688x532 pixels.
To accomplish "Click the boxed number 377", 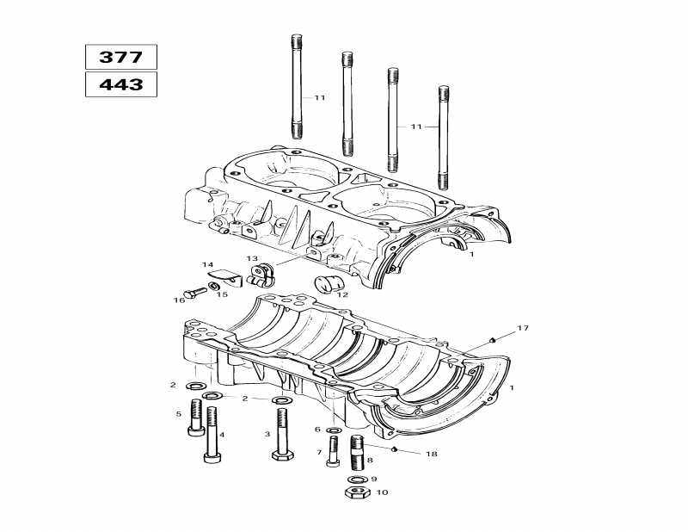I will (120, 58).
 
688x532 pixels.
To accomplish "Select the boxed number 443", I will (120, 84).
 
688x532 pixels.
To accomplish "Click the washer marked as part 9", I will (355, 479).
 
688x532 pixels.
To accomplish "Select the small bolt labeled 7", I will (333, 452).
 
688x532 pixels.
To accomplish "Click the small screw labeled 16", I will (195, 294).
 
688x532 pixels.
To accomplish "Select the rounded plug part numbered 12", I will (328, 285).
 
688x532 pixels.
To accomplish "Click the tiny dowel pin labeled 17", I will (491, 340).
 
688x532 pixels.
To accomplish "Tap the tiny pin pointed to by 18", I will (392, 448).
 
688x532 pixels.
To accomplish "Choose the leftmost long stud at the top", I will (298, 86).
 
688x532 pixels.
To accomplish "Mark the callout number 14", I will (207, 264).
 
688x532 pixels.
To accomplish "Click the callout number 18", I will (431, 453).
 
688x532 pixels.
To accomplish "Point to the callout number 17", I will (524, 329).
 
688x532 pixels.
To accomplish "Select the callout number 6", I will (317, 430).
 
